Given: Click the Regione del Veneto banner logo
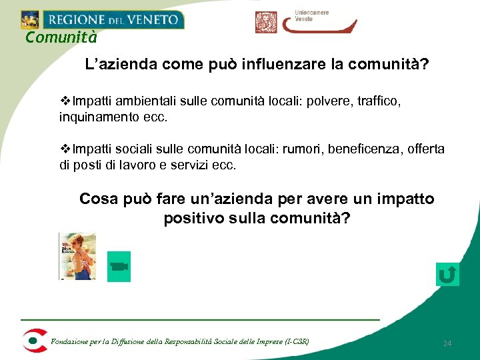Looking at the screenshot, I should point(101,19).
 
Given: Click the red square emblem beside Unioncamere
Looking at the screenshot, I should point(265,22).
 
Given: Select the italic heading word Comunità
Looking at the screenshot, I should point(61,37).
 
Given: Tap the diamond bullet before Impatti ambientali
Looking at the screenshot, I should point(65,101).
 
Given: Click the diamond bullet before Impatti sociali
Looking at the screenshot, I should point(65,149).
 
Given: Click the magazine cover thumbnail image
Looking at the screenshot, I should point(77,256).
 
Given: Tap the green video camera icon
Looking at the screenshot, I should point(119,267).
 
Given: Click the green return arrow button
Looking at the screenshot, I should point(447,274).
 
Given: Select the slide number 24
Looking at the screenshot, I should point(447,343).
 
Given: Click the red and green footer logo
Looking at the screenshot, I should point(33,340).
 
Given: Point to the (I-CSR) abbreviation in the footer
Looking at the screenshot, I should point(297,342).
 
